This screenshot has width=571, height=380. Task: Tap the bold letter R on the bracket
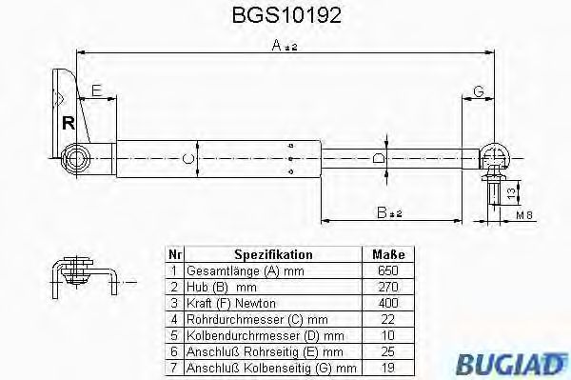point(68,122)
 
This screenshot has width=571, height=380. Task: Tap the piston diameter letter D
point(379,157)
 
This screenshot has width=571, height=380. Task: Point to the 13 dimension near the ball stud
point(512,192)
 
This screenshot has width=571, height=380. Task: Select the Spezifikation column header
point(273,254)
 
